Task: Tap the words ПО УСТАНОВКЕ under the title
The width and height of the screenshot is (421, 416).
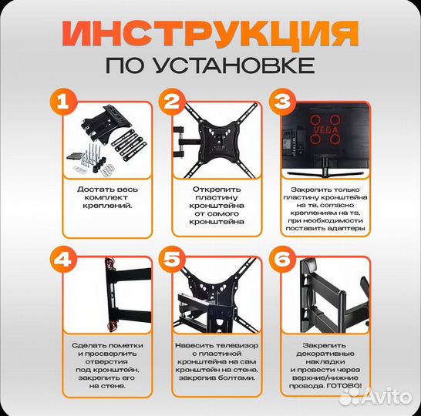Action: (x=210, y=63)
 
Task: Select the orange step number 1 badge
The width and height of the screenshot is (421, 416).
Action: (x=65, y=102)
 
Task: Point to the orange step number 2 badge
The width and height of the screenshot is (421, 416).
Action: (x=172, y=102)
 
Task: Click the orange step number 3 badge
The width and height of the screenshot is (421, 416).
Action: (x=281, y=102)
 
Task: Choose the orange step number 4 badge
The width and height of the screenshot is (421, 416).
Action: (x=65, y=260)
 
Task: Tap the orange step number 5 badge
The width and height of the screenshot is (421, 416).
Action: (x=172, y=260)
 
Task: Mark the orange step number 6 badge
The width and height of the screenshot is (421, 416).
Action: (x=281, y=260)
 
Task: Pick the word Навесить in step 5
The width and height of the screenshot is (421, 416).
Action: (x=190, y=346)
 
